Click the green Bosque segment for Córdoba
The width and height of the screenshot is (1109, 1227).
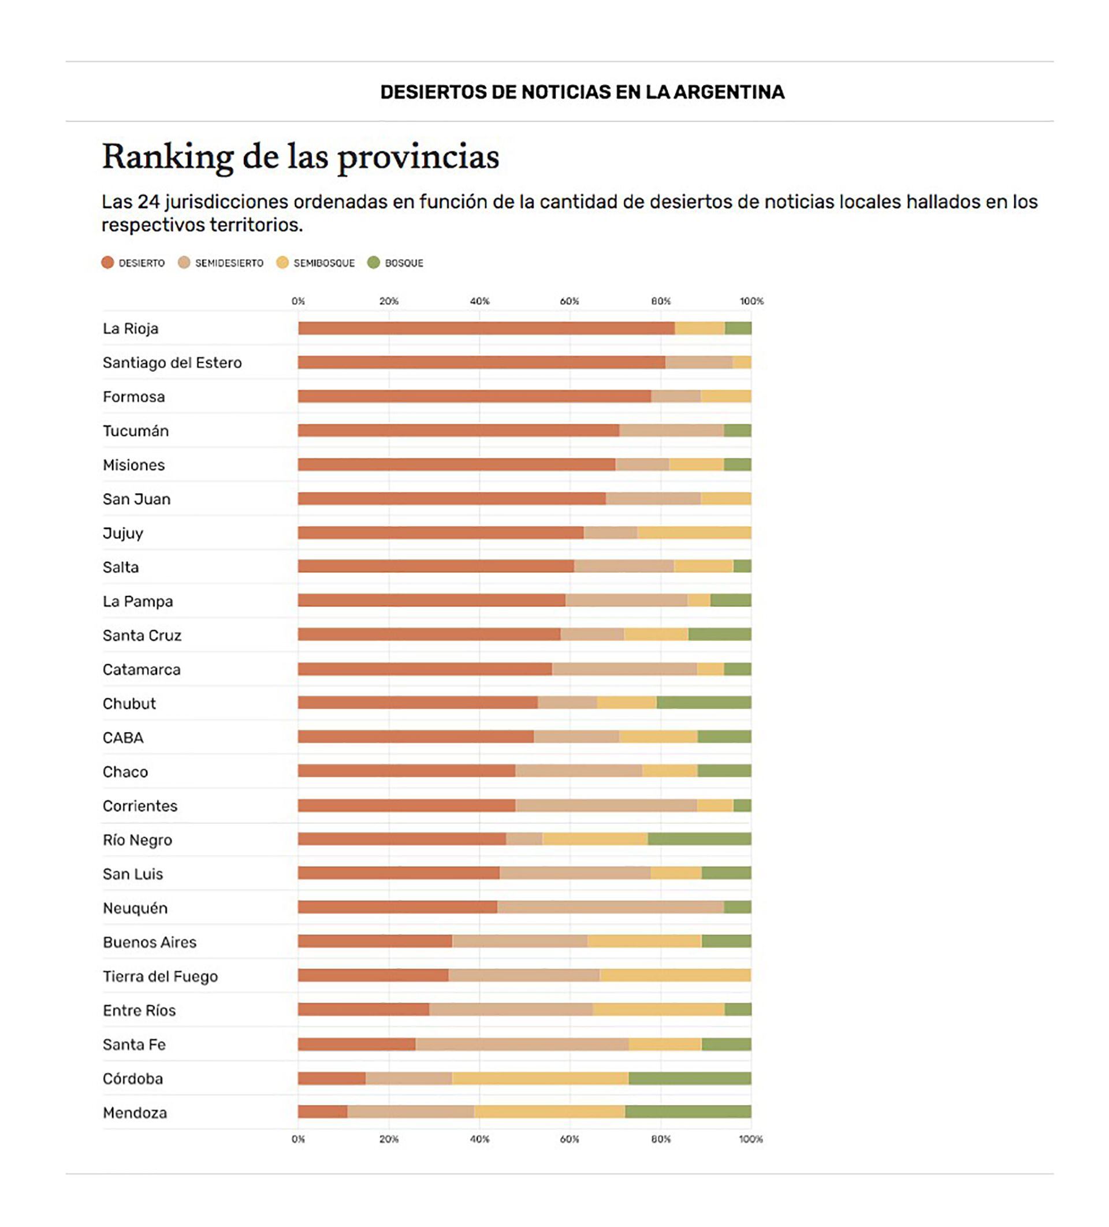689,1079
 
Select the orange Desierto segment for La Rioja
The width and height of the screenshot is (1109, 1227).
486,329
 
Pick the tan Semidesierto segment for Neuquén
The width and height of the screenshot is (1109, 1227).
610,908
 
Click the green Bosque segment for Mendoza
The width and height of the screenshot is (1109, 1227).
688,1112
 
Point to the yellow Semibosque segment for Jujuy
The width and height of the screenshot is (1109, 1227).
693,533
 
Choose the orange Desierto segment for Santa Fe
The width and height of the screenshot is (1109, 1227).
357,1045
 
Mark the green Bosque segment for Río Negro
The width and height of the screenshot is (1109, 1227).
699,840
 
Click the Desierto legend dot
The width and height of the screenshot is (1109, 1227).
108,263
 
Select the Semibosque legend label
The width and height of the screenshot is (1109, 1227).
324,263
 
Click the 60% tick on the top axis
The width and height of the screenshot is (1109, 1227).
569,301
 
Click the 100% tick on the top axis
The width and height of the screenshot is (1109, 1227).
751,301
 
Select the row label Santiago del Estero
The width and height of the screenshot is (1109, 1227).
172,363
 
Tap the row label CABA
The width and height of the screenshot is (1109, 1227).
123,738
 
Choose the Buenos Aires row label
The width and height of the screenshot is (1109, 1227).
150,942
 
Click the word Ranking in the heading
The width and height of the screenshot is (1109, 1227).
168,157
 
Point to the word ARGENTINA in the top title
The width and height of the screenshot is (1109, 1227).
728,92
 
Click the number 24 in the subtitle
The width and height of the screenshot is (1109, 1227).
148,202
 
